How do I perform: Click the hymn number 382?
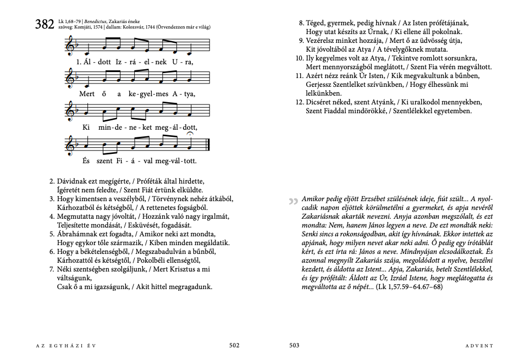click(x=44, y=24)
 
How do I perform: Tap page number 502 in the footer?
click(x=234, y=345)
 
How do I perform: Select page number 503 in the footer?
click(x=294, y=345)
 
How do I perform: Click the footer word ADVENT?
click(x=479, y=346)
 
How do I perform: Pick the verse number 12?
click(x=299, y=102)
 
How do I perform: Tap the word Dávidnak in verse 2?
click(x=73, y=181)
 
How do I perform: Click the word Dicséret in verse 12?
click(x=321, y=102)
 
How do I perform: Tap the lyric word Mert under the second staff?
click(x=87, y=94)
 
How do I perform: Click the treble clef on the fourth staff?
click(x=70, y=146)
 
